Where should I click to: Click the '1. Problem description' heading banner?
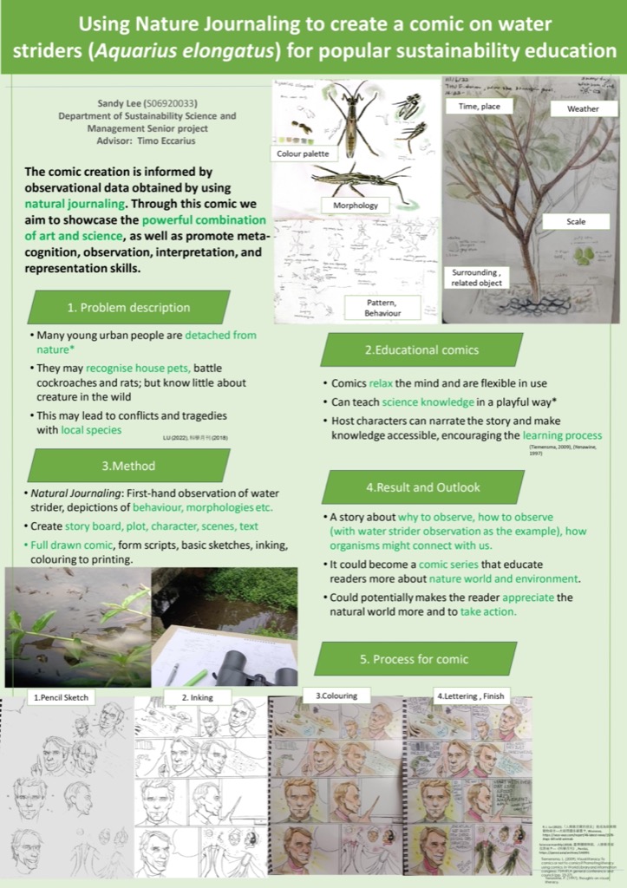coord(128,307)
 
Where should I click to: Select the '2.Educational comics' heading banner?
coord(421,349)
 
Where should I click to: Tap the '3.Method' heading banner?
coord(128,466)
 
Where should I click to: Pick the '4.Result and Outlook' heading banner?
coord(421,487)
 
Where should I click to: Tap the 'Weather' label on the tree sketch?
coord(582,109)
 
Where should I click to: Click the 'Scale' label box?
coord(576,222)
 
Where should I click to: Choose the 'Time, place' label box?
coord(478,106)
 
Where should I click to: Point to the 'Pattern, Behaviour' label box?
coord(382,307)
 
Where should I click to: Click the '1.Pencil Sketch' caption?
coord(61,696)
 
